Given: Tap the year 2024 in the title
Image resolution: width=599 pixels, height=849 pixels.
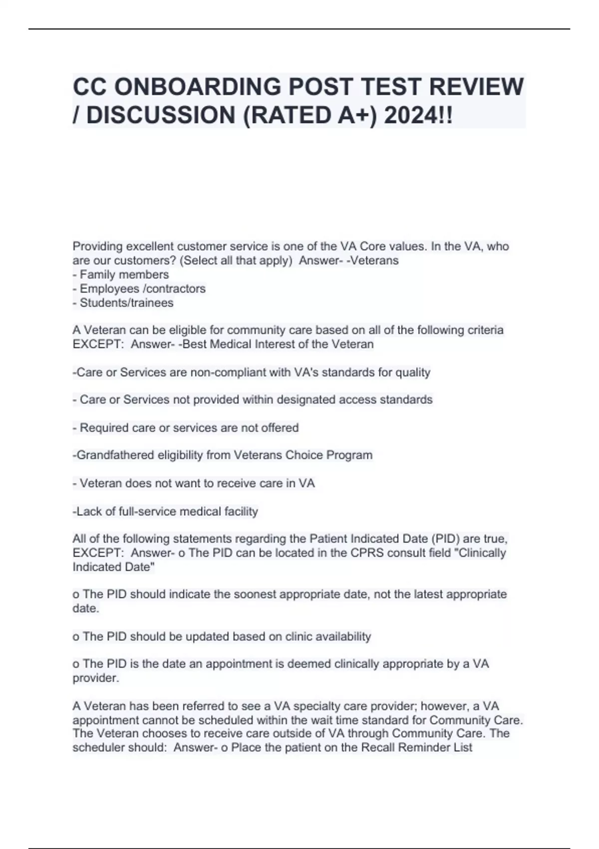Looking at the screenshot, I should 410,115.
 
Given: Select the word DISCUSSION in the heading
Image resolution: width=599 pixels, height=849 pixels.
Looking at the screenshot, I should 162,115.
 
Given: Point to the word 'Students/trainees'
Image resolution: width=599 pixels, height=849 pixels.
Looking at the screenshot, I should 127,303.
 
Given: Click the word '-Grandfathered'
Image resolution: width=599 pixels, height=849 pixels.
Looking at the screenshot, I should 113,455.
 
